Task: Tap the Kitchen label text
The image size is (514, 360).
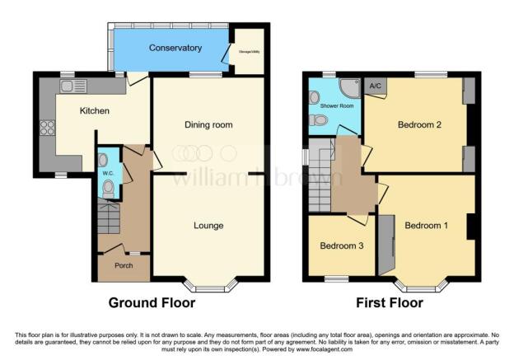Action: tap(95, 110)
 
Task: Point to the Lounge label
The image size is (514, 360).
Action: tap(208, 225)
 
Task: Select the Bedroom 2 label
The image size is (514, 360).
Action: tap(420, 125)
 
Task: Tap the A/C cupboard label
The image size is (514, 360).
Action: tap(375, 85)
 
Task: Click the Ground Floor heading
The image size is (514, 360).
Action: tap(152, 302)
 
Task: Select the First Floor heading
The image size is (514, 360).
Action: tap(390, 302)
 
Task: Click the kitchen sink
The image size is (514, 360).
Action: tap(73, 86)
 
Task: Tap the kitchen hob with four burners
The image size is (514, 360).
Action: tap(47, 127)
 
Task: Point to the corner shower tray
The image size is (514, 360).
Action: tap(350, 86)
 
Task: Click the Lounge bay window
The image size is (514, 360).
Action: tap(208, 285)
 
